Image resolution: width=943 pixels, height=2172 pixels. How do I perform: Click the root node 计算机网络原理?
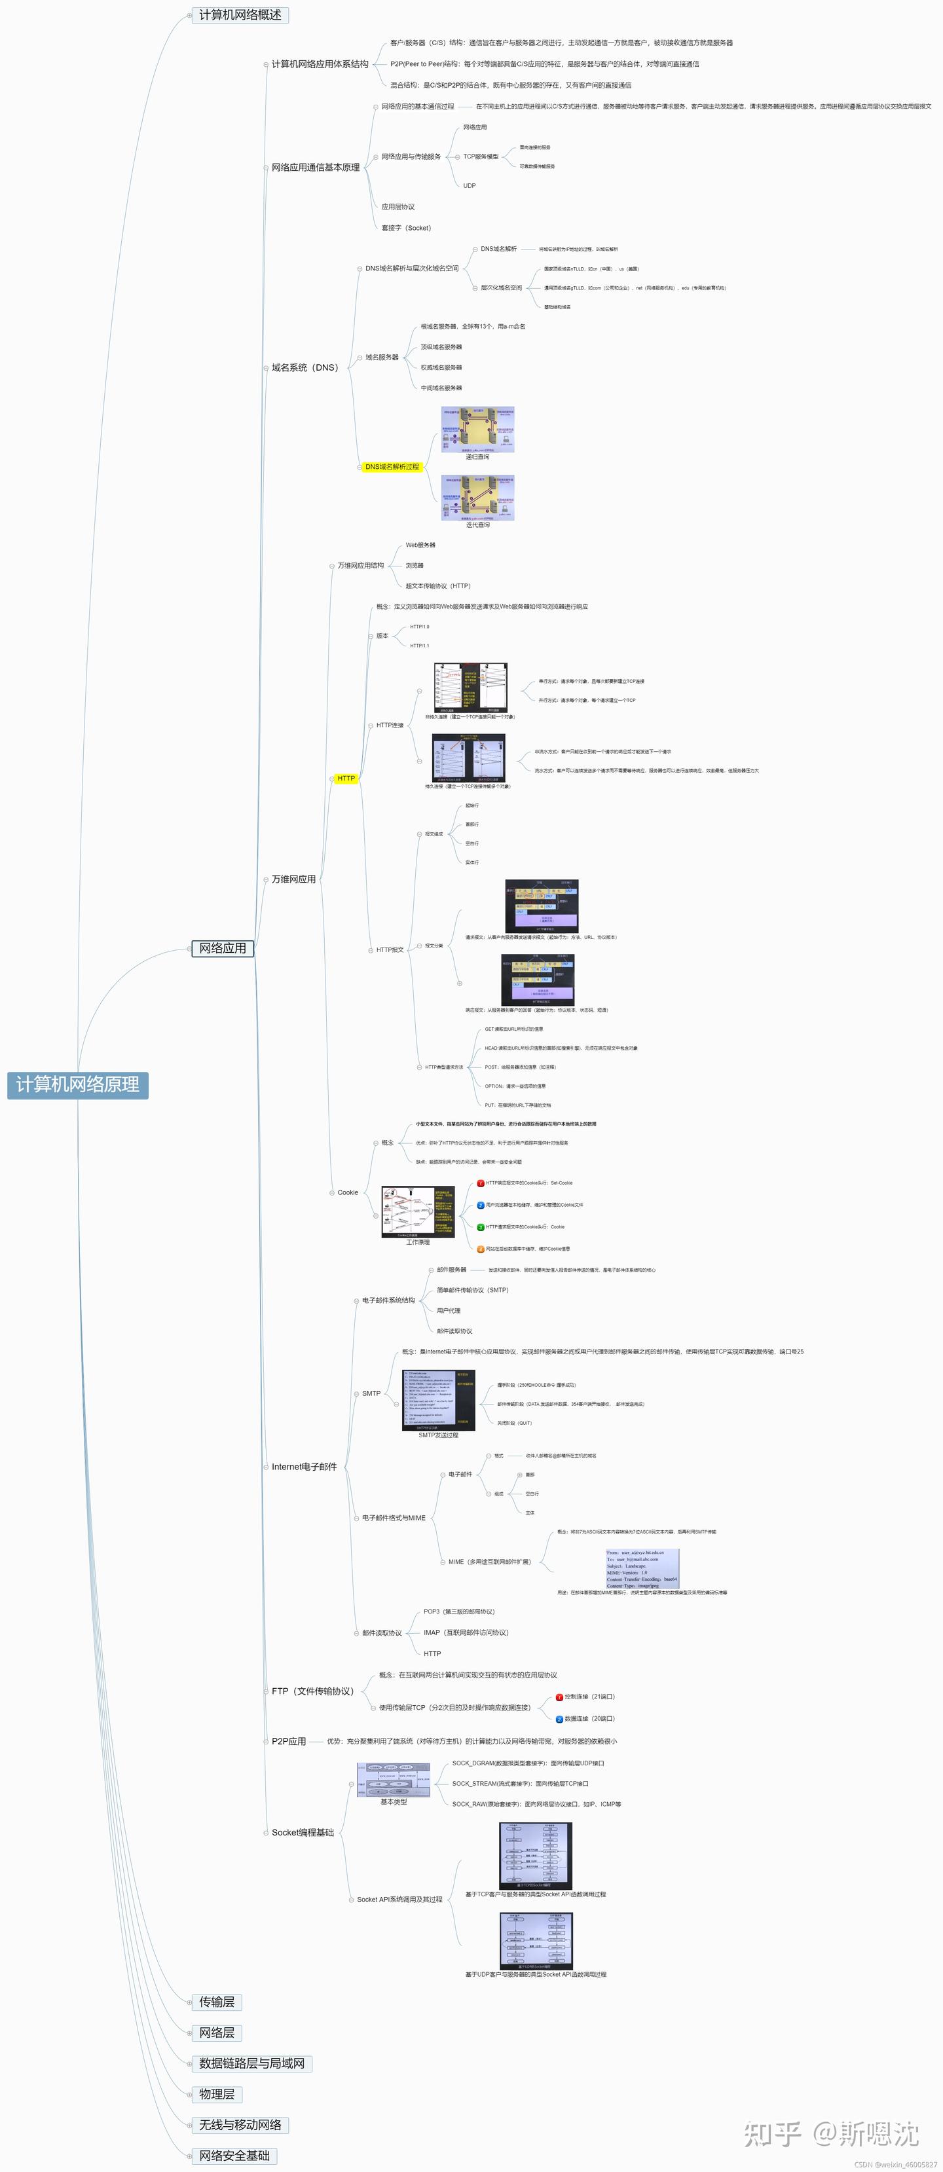click(x=77, y=1084)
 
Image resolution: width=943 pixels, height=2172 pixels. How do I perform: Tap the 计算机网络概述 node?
click(x=240, y=15)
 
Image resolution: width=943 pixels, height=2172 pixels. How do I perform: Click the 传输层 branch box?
click(x=217, y=2002)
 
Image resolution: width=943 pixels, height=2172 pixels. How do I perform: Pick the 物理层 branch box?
click(x=217, y=2093)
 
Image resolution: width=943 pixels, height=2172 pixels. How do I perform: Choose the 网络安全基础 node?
click(x=234, y=2155)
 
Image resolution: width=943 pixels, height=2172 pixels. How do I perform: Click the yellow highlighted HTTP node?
click(x=346, y=779)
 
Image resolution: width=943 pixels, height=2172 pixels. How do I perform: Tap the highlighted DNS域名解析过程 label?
click(x=392, y=466)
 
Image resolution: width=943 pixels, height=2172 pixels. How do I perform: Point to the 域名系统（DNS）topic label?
click(x=305, y=367)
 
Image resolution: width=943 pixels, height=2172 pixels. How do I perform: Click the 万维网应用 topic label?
click(x=293, y=879)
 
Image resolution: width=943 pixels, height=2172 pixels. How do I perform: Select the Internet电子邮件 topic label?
click(x=304, y=1466)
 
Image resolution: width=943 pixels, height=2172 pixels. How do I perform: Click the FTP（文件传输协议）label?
click(x=312, y=1691)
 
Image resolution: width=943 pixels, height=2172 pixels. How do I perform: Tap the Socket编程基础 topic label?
click(x=303, y=1832)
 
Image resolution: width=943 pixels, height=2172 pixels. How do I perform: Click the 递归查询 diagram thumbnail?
click(x=477, y=430)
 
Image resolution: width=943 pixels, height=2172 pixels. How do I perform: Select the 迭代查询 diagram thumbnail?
click(x=477, y=498)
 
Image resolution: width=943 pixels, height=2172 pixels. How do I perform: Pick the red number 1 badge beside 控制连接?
click(x=559, y=1697)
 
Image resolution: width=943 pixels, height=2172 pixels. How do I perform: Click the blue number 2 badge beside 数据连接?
click(x=559, y=1718)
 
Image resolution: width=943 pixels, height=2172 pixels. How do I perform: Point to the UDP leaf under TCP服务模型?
click(x=469, y=185)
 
